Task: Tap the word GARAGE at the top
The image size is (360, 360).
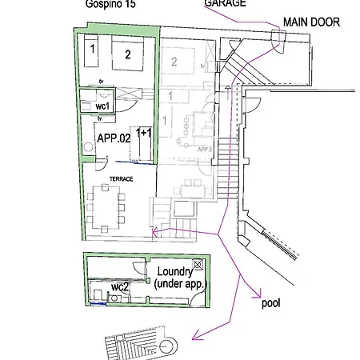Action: pos(225,3)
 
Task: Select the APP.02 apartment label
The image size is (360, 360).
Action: pos(114,138)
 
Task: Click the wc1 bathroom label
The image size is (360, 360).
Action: pos(102,106)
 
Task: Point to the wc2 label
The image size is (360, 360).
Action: pos(120,286)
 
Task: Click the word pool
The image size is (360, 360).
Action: pos(273,304)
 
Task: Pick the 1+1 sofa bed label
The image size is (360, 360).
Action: pos(145,132)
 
